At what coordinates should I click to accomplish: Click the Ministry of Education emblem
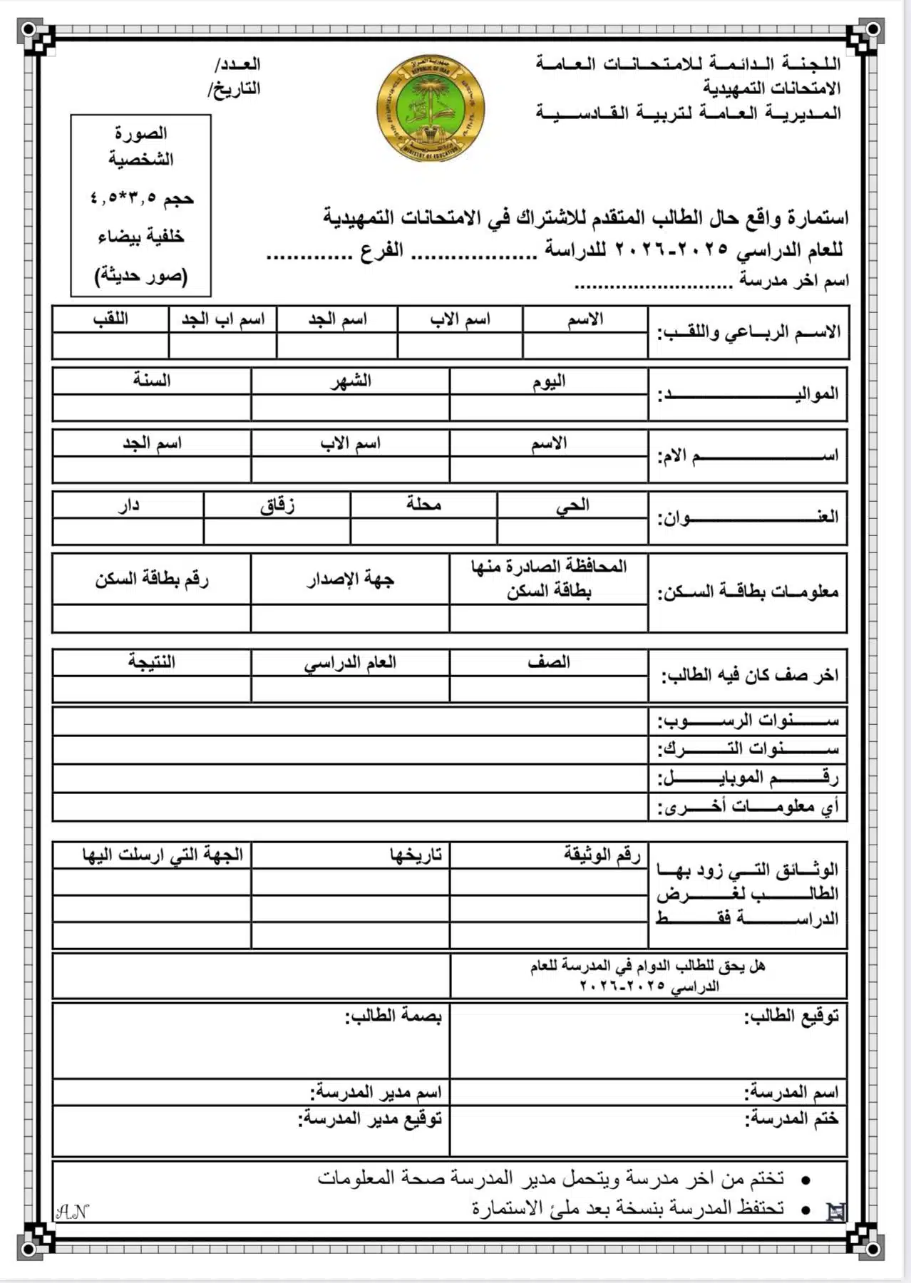coord(431,108)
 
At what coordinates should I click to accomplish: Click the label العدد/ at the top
coord(238,64)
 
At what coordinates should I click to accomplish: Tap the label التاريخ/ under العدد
coord(235,89)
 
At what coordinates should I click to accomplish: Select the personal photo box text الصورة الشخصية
coord(141,145)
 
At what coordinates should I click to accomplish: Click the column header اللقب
coord(110,319)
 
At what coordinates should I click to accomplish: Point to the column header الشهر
coord(351,381)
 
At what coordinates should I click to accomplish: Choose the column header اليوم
coord(549,381)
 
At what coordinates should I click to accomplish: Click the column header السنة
coord(152,381)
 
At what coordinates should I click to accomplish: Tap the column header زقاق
coord(277,505)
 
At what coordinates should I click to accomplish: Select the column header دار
coord(128,505)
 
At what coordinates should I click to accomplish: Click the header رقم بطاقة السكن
coord(152,579)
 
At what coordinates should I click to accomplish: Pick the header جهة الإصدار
coord(351,579)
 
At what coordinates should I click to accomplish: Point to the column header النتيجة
coord(152,661)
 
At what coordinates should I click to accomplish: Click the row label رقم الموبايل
coord(748,778)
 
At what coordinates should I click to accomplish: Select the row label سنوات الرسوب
coord(748,721)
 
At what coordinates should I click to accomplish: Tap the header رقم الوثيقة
coord(602,854)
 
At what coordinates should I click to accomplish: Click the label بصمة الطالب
coord(393,1015)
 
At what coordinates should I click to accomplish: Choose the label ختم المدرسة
coord(791,1118)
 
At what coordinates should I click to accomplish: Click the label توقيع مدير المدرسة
coord(370,1118)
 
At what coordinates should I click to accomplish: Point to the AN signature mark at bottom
coord(72,1211)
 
